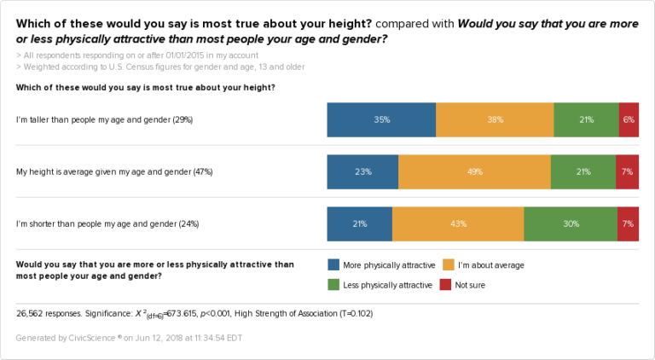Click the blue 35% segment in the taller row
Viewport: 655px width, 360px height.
click(x=381, y=120)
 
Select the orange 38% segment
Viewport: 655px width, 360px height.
click(x=495, y=120)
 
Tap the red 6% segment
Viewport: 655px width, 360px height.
click(x=629, y=120)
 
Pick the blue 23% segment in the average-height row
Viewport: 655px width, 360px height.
click(x=362, y=171)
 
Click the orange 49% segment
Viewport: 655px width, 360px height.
click(x=474, y=171)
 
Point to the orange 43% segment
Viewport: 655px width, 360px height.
click(x=458, y=224)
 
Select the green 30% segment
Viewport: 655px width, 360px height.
click(x=571, y=224)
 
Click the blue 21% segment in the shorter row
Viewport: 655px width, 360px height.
click(x=359, y=224)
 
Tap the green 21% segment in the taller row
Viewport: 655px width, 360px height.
click(x=586, y=120)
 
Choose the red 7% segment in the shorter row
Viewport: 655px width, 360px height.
click(x=628, y=224)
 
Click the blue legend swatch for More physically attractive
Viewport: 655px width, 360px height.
click(x=333, y=265)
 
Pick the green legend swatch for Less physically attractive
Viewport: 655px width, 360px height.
click(x=333, y=284)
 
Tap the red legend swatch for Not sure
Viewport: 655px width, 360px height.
click(x=446, y=284)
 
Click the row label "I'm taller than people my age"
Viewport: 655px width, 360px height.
click(x=104, y=120)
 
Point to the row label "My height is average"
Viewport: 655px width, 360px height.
click(x=114, y=171)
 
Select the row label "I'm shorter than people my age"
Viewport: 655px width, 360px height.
click(x=107, y=224)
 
